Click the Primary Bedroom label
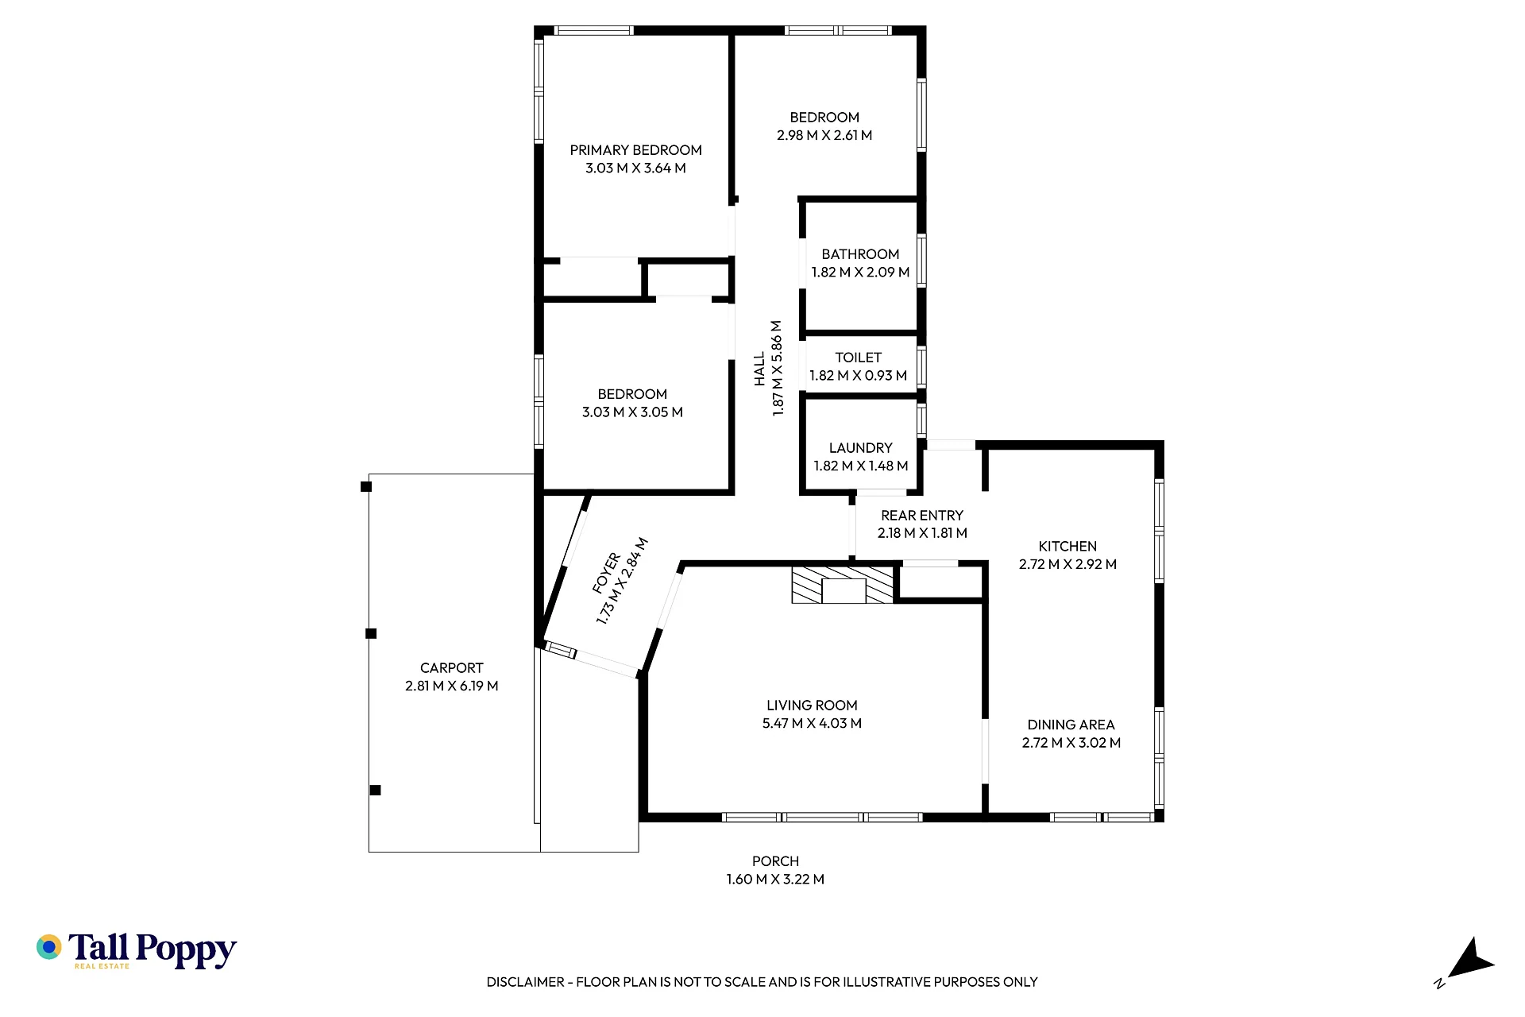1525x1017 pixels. coord(635,150)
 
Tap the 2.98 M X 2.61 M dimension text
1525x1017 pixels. coord(824,135)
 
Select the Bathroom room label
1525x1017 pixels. coord(860,254)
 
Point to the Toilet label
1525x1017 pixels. coord(858,358)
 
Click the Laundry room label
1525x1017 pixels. coord(860,448)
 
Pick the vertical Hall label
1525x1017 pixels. coord(760,369)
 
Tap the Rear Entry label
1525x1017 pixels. coord(921,516)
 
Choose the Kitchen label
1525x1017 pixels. coord(1067,547)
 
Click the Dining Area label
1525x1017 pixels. coord(1071,725)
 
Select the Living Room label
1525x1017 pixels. coord(812,706)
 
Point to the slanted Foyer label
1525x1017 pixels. coord(606,573)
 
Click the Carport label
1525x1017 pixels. coord(451,668)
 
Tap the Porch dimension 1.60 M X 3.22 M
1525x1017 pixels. coord(775,880)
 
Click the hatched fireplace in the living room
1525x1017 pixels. coord(843,585)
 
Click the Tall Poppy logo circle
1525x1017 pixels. coord(49,947)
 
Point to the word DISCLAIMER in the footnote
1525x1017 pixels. coord(525,982)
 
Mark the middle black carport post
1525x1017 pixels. coord(370,633)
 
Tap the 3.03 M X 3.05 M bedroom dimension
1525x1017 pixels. coord(632,412)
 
